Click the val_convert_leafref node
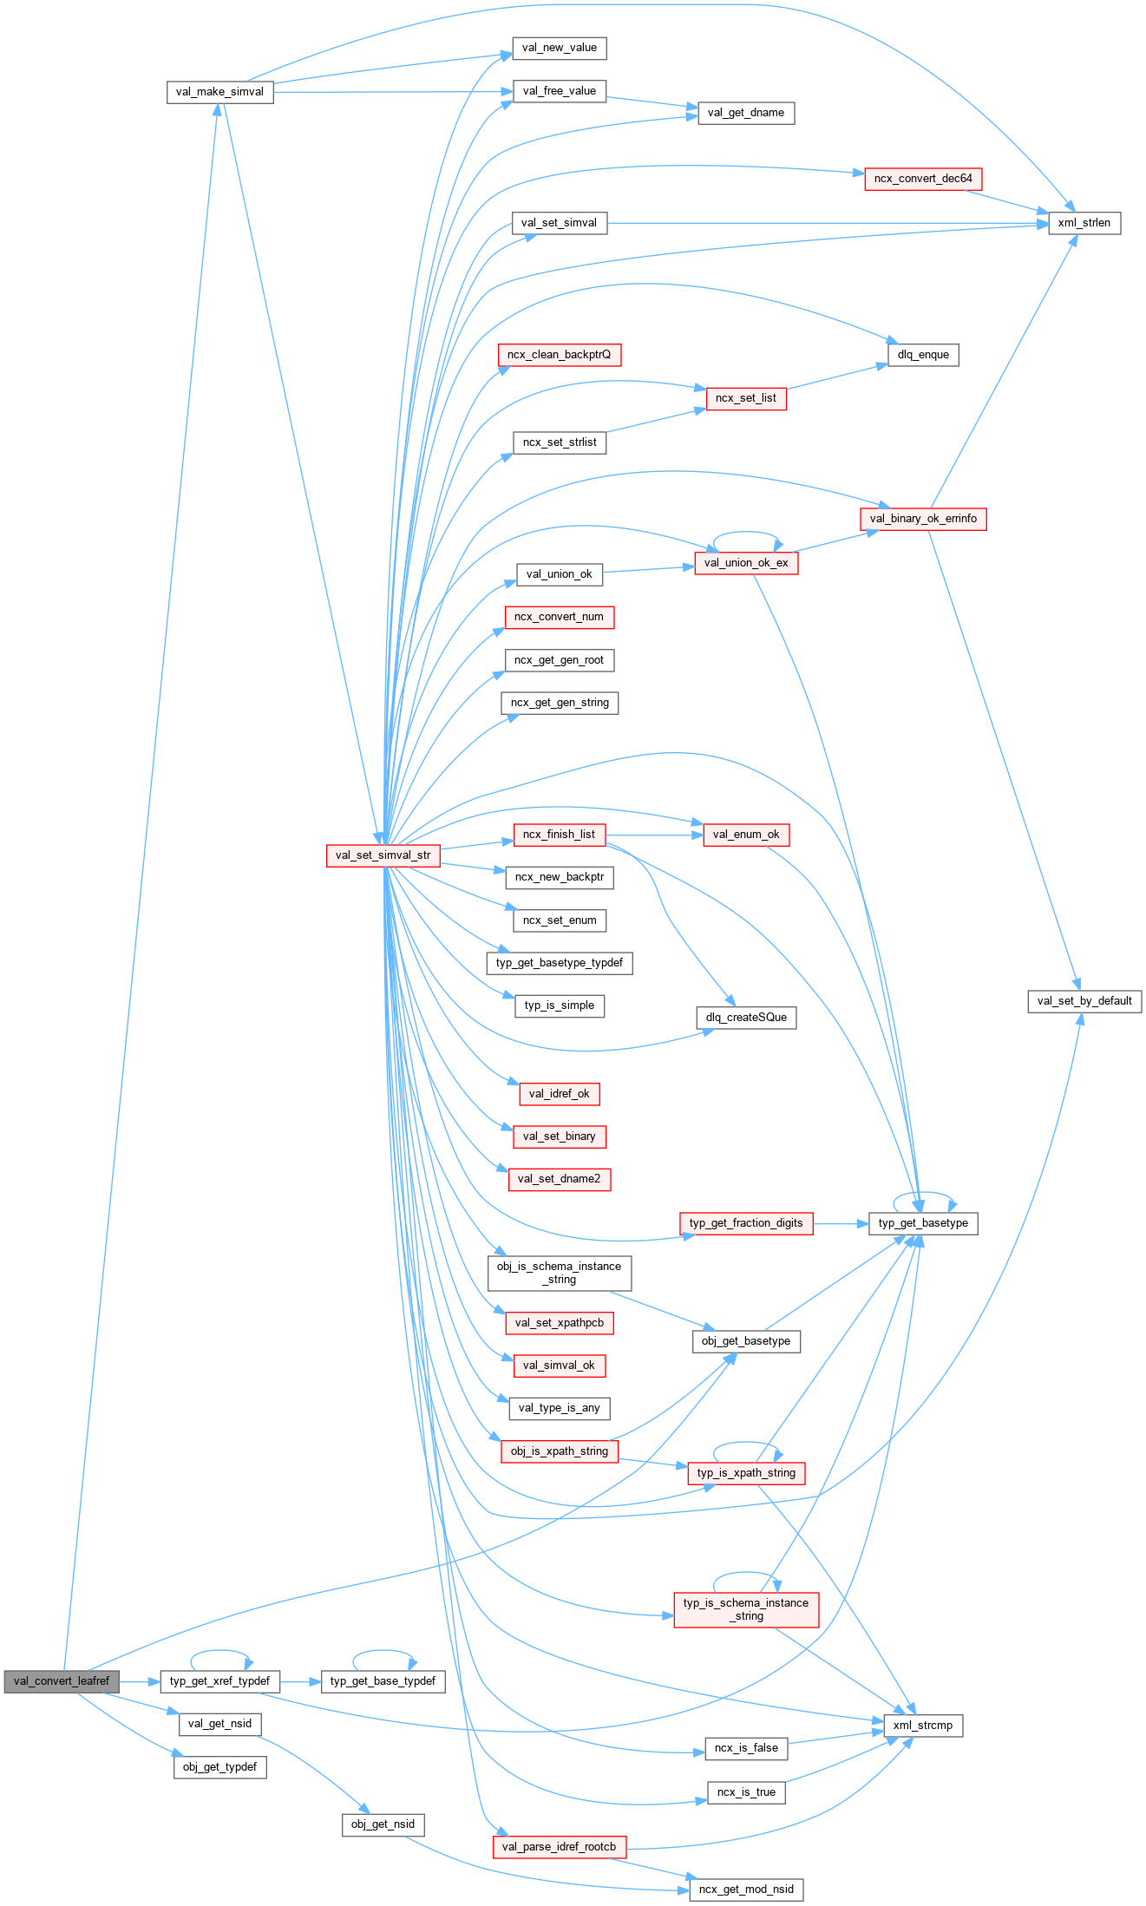(62, 1680)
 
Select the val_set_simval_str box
(383, 855)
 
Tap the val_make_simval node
(219, 92)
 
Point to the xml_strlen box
(1084, 223)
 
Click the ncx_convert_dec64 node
(923, 179)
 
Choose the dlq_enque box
(923, 355)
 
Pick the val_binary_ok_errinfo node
(923, 519)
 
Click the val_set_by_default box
(1084, 1000)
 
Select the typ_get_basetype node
(923, 1223)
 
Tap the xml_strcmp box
(923, 1725)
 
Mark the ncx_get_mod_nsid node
(746, 1889)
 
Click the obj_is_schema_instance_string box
(559, 1273)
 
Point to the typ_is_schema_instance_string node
(746, 1609)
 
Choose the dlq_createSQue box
(746, 1017)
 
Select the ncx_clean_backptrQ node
(559, 355)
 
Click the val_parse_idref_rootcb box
(559, 1846)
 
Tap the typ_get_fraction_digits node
(746, 1223)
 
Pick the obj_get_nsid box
(383, 1824)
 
